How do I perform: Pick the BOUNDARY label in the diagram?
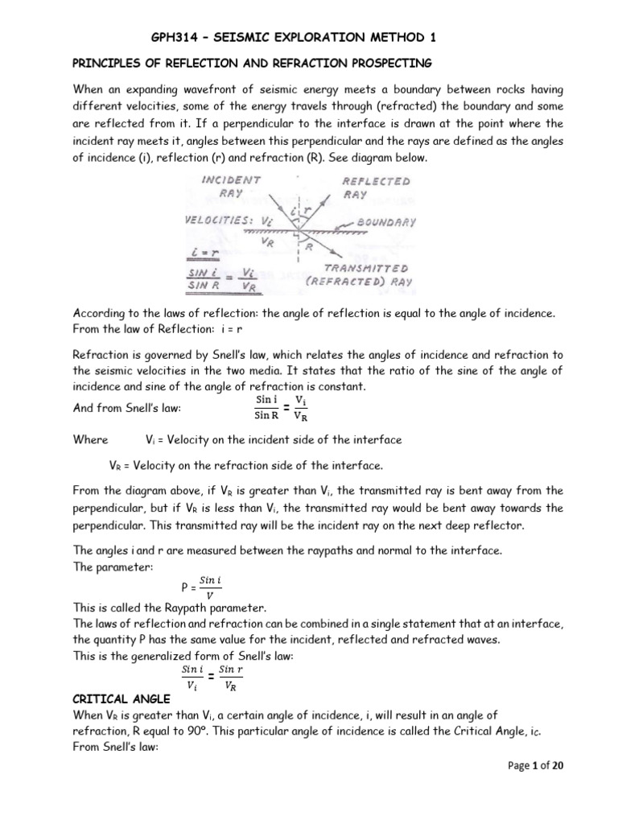pos(387,221)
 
